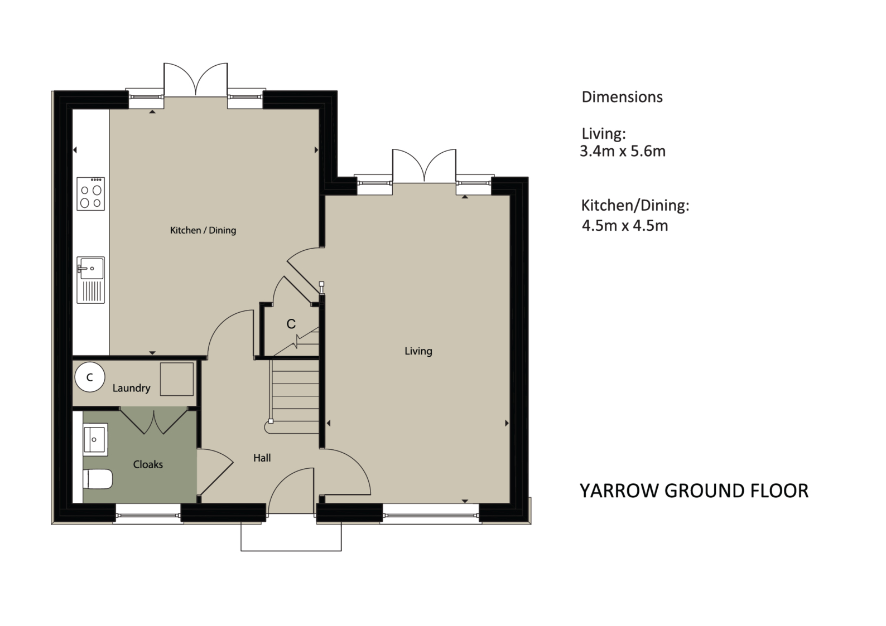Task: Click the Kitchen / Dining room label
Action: point(203,230)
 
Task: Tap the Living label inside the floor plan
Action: point(418,351)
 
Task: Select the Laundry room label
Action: point(131,388)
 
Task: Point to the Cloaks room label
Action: point(148,464)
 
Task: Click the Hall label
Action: point(262,458)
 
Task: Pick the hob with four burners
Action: point(90,193)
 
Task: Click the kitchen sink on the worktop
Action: point(90,280)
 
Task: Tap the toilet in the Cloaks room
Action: point(98,479)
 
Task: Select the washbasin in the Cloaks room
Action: point(95,439)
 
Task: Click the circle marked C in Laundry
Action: point(90,377)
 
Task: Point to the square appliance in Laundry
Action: point(177,379)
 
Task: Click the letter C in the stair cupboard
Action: point(291,324)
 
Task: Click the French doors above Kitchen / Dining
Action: point(196,80)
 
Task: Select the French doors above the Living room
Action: point(424,166)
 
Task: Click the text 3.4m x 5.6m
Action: point(623,152)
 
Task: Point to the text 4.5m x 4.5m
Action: point(625,226)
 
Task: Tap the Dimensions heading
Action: point(622,97)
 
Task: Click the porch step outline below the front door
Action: point(291,537)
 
